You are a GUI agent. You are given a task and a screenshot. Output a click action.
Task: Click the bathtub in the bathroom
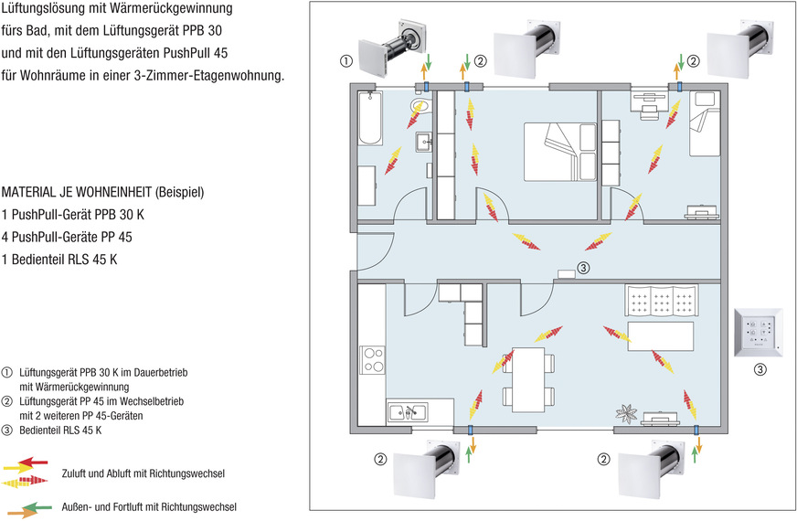tap(369, 120)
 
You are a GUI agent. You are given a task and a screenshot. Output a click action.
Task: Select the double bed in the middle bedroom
tap(551, 145)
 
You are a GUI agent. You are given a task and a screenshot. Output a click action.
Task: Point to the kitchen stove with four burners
tap(373, 358)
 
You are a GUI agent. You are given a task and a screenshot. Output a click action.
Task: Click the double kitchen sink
tap(407, 411)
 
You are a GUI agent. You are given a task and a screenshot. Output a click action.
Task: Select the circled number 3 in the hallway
tap(584, 268)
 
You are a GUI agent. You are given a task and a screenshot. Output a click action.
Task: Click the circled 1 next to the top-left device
tap(345, 62)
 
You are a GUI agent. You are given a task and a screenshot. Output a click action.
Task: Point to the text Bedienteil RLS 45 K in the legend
tap(60, 430)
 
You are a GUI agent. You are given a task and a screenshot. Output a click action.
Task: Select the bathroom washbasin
tap(423, 141)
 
